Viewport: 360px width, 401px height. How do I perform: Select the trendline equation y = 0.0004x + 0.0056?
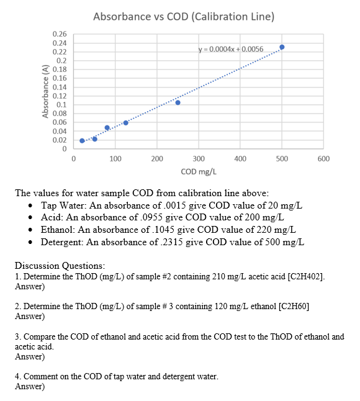230,48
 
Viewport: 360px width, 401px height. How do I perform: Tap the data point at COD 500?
282,47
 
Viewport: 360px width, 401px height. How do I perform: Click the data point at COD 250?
178,102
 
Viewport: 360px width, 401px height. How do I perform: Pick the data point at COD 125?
125,122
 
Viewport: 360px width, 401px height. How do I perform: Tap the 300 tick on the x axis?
199,159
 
